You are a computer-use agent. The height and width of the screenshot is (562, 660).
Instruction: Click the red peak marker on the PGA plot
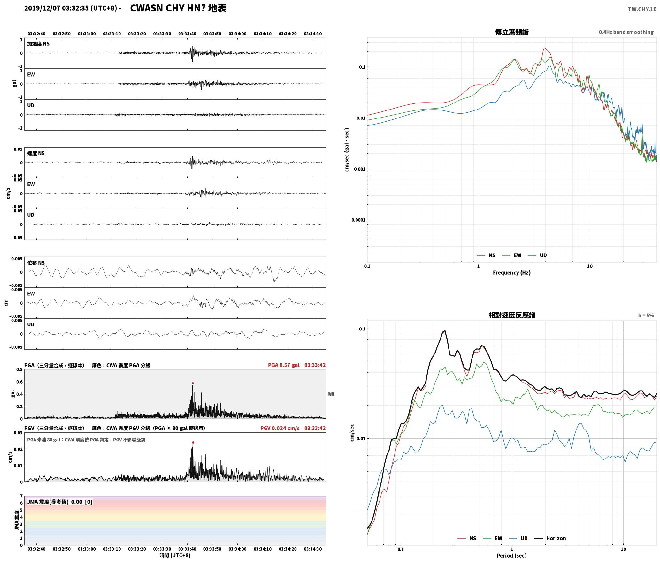point(193,383)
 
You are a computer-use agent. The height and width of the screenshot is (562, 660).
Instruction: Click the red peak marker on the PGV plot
point(193,442)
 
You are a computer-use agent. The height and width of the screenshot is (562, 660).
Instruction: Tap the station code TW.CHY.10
point(642,9)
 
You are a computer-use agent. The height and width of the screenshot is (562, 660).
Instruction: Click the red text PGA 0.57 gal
point(284,365)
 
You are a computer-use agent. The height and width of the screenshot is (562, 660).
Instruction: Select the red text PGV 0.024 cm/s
point(280,428)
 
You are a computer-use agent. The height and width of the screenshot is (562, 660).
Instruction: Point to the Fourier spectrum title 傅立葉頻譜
point(511,32)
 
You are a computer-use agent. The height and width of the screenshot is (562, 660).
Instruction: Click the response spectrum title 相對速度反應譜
point(512,315)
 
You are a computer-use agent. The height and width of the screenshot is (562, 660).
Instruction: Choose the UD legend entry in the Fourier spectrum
point(537,255)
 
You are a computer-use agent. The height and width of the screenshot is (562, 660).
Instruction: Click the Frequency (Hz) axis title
point(511,273)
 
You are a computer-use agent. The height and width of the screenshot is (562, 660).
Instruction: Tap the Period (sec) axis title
point(511,556)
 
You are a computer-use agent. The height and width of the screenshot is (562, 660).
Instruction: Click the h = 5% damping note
point(646,315)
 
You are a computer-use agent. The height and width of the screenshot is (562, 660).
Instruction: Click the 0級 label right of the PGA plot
point(331,394)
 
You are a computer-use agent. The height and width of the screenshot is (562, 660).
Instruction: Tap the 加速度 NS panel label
point(38,44)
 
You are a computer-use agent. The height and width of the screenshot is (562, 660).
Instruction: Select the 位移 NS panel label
point(36,263)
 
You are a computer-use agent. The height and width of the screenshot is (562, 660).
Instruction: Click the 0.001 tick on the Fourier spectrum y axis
point(359,169)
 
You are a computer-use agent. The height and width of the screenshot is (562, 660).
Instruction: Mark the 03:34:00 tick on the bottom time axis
point(237,549)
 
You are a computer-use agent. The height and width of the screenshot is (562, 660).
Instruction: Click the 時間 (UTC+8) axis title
point(175,555)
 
